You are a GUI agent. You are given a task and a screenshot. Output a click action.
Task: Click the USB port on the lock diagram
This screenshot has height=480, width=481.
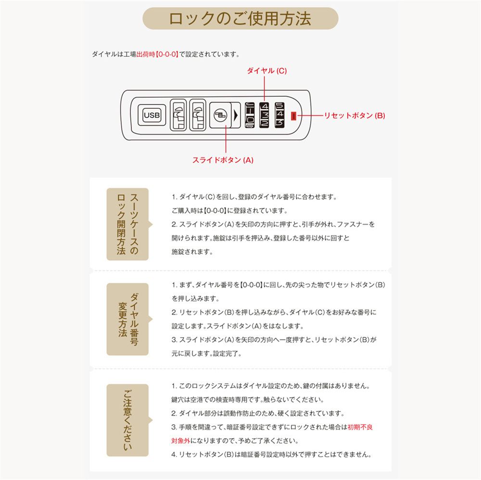click(x=152, y=115)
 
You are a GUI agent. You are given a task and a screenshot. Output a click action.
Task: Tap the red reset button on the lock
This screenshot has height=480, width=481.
click(x=293, y=115)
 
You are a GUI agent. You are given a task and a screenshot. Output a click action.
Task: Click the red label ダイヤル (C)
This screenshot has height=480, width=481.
click(x=266, y=71)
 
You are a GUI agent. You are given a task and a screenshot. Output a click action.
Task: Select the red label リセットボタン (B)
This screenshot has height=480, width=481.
click(x=354, y=115)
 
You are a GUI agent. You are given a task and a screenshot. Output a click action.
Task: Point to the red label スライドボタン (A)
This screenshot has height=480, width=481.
click(x=223, y=160)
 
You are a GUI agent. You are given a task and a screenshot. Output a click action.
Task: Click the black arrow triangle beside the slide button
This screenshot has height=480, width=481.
click(x=236, y=115)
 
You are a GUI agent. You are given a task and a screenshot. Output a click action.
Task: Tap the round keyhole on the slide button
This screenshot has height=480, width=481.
click(x=219, y=115)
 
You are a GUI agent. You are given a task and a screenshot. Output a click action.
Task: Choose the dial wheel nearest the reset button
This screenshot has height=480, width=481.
click(x=280, y=115)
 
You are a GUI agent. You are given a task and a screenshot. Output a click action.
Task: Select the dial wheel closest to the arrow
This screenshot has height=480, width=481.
click(x=250, y=115)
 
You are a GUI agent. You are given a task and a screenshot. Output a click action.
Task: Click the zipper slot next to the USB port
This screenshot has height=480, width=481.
click(x=178, y=115)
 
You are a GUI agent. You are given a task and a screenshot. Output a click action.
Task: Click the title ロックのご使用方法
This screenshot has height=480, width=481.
click(x=240, y=19)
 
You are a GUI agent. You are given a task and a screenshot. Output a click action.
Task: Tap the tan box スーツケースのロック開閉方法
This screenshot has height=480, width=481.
click(x=127, y=224)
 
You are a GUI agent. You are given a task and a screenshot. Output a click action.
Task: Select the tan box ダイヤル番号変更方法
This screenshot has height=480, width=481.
click(x=127, y=319)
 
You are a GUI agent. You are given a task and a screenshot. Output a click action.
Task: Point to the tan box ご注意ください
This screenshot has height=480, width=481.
click(x=127, y=420)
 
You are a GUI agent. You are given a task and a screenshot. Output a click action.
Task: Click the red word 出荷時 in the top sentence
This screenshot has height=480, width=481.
click(x=146, y=54)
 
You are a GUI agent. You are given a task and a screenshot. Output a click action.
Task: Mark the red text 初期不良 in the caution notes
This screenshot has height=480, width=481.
click(x=360, y=427)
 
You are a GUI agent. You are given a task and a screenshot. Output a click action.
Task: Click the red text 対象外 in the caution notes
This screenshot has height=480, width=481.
click(x=181, y=441)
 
